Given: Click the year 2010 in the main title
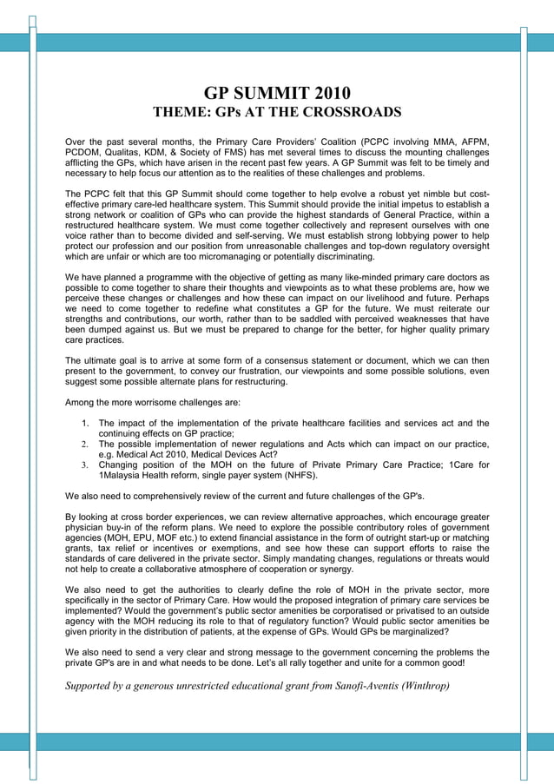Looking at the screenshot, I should (332, 93).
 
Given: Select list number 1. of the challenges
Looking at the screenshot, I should (86, 424).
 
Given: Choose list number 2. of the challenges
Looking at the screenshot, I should (86, 445).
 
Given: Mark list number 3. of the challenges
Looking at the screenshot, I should (86, 465).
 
